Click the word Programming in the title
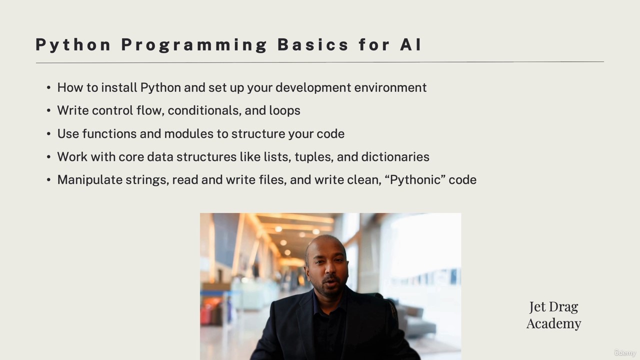pos(194,45)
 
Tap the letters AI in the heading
pos(410,44)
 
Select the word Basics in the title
pos(313,44)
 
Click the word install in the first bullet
pos(119,87)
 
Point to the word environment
pos(390,87)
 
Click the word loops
pos(284,111)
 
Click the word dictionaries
pos(395,157)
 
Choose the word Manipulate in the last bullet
pos(90,180)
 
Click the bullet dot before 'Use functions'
pos(48,133)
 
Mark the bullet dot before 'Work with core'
pos(48,157)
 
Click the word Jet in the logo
pos(537,306)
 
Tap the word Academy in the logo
pos(553,323)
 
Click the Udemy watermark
pos(624,353)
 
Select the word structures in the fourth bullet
pos(206,157)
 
